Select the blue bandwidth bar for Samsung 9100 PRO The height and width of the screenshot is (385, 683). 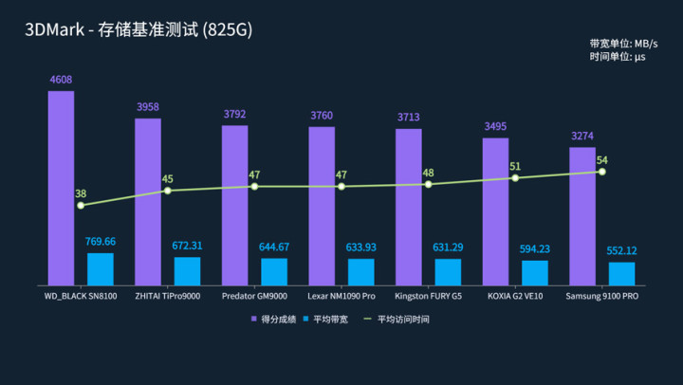pyautogui.click(x=621, y=273)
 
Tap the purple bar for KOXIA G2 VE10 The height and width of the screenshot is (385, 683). pyautogui.click(x=495, y=211)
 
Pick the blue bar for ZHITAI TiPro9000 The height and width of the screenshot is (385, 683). pyautogui.click(x=187, y=270)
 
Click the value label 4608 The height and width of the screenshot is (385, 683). pyautogui.click(x=61, y=80)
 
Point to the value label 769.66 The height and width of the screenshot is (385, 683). pyautogui.click(x=100, y=242)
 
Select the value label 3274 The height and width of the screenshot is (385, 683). pyautogui.click(x=582, y=136)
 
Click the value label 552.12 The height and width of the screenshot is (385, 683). pyautogui.click(x=621, y=250)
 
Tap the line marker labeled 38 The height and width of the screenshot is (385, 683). pyautogui.click(x=81, y=205)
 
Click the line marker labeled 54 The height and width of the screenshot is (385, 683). pyautogui.click(x=601, y=172)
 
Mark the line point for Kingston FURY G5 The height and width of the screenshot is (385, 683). pyautogui.click(x=428, y=184)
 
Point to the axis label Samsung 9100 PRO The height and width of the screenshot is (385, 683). pyautogui.click(x=601, y=297)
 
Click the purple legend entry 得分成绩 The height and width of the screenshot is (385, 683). pyautogui.click(x=275, y=319)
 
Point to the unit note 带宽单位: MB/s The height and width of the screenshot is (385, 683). pyautogui.click(x=623, y=44)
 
